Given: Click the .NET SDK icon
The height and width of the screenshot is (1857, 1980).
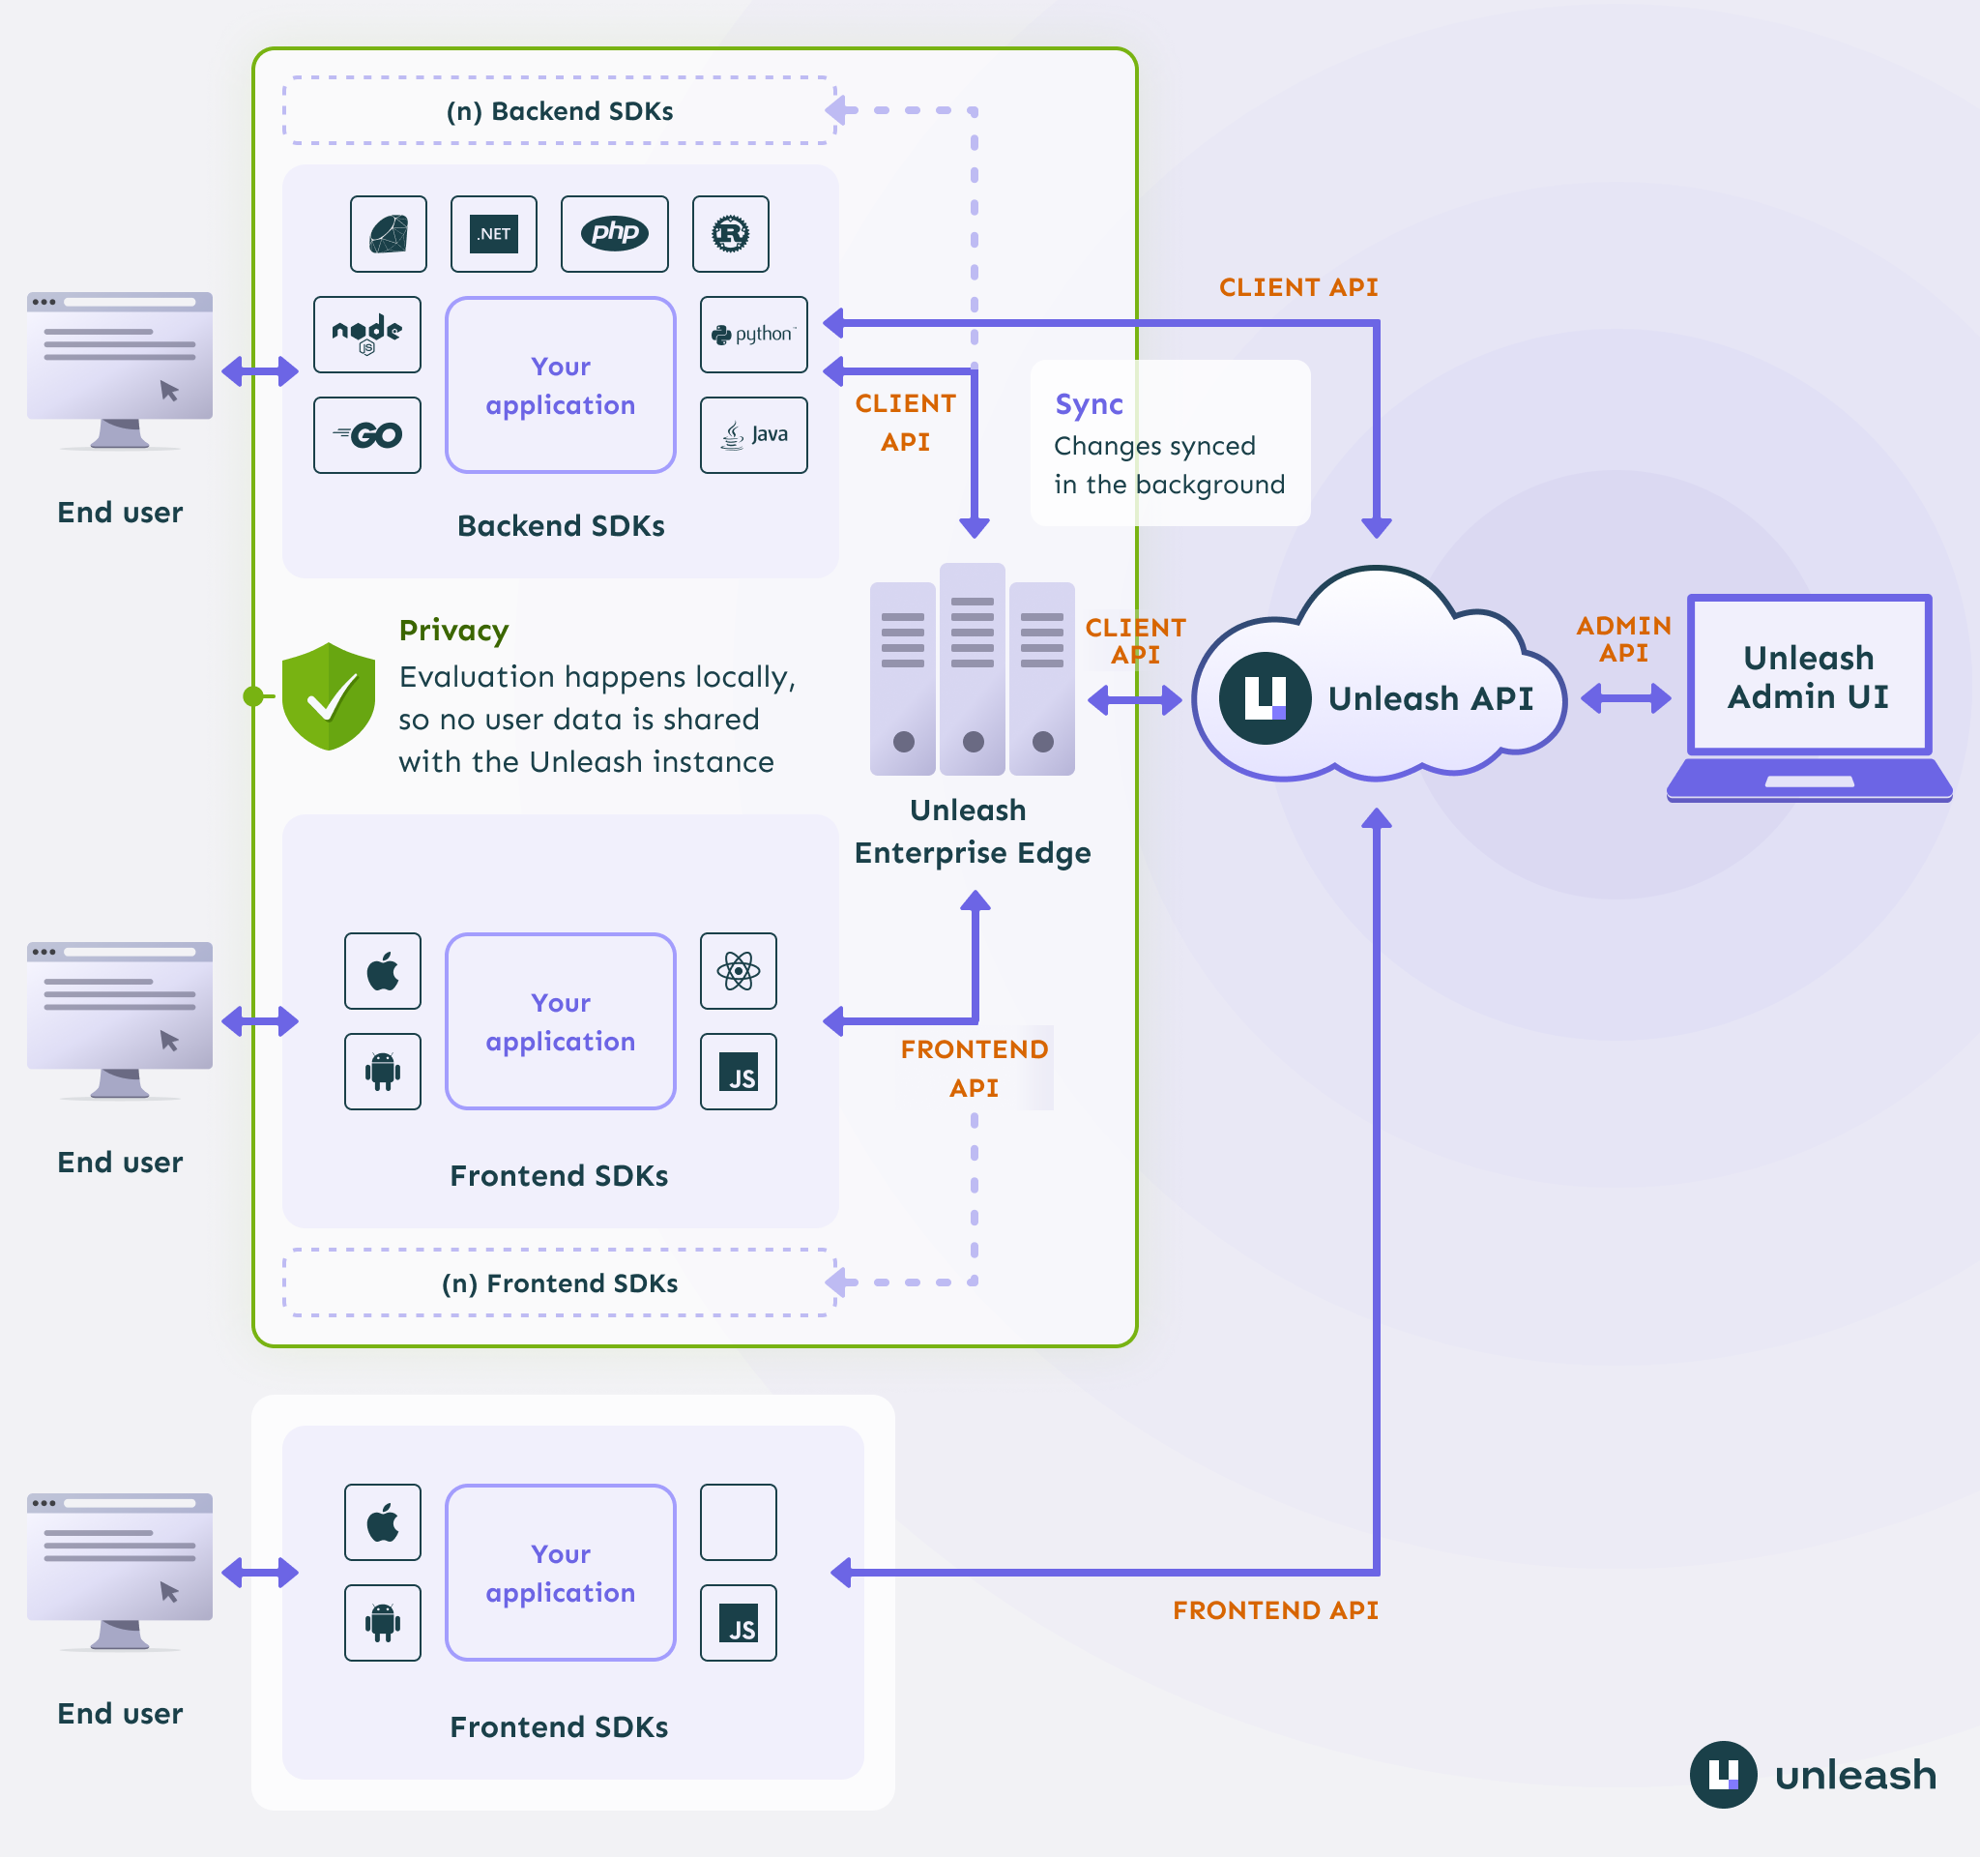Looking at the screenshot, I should tap(493, 234).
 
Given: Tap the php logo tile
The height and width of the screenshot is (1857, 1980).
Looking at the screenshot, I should tap(614, 234).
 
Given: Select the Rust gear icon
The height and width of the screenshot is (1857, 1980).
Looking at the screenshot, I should tap(730, 234).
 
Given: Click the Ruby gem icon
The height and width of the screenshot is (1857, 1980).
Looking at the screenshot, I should tap(389, 234).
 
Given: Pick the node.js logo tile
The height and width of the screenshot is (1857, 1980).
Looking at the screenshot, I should tap(366, 335).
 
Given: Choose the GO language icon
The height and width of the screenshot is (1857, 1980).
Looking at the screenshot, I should tap(366, 435).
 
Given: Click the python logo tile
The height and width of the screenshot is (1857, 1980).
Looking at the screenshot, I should tap(753, 335).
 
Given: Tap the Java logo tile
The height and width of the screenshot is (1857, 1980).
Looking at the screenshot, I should tap(753, 435).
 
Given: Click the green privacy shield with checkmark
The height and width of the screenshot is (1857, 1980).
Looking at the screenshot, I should tap(328, 695).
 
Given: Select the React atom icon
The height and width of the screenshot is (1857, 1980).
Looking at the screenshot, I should tap(738, 971).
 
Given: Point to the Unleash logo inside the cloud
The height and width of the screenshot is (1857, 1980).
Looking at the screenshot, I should tap(1265, 698).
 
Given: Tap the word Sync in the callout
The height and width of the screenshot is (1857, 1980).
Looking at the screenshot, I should tap(1089, 404).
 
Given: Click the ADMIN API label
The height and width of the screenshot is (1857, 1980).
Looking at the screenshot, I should tap(1623, 638).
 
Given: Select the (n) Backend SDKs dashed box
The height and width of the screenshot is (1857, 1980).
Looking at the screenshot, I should tap(559, 110).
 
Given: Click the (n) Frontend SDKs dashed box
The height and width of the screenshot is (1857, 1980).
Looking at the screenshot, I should tap(559, 1283).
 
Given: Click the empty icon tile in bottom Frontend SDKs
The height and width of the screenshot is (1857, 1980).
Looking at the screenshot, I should tap(738, 1522).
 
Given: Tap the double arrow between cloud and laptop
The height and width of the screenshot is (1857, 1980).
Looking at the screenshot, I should tap(1625, 698).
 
